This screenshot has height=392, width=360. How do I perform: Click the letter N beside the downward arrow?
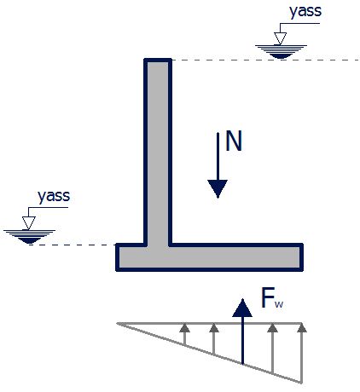(x=234, y=141)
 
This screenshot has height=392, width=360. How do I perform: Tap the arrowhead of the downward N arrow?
(x=218, y=188)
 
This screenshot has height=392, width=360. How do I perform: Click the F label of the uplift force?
(x=268, y=297)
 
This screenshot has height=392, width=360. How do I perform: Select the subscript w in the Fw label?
(x=279, y=304)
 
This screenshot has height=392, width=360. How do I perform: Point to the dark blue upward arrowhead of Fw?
(x=242, y=308)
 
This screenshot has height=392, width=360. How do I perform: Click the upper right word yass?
(x=305, y=11)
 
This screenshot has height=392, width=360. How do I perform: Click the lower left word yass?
(x=54, y=196)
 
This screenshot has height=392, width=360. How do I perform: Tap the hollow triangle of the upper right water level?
(x=280, y=38)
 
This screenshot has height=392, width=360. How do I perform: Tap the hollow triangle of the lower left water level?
(x=29, y=222)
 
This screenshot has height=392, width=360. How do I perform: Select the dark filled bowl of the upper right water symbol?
(x=281, y=55)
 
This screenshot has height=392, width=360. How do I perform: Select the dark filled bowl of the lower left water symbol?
(x=30, y=240)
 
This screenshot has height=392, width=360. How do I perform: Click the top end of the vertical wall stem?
(x=158, y=60)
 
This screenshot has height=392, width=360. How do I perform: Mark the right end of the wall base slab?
(x=302, y=257)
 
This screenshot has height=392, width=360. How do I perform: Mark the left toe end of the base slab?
(x=117, y=257)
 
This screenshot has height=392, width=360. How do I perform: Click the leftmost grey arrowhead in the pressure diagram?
(x=185, y=327)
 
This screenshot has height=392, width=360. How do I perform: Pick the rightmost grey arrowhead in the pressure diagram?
(x=302, y=327)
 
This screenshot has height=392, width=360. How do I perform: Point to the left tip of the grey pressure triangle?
(x=118, y=323)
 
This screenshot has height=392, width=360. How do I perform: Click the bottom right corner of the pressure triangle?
(x=301, y=383)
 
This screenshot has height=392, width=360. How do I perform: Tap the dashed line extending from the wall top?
(x=265, y=60)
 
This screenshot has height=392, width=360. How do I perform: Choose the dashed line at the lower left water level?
(x=73, y=245)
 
